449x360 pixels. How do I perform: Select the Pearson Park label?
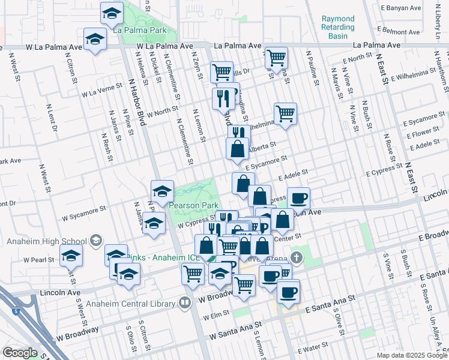pos(193,205)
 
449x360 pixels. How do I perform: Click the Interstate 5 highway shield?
pos(15,311)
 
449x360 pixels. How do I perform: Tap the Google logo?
pos(20,353)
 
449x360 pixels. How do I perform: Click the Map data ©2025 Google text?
pos(412,355)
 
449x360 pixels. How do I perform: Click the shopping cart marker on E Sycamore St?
pos(285,113)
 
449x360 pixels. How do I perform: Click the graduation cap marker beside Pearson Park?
pos(162,191)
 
